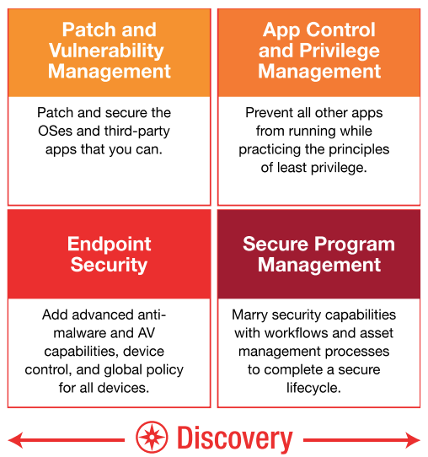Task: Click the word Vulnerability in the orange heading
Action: [106, 51]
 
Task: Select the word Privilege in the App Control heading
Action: [340, 51]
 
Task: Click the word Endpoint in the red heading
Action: [110, 244]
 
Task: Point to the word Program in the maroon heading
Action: [355, 245]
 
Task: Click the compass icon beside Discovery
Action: [152, 437]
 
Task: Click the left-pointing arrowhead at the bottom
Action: [15, 440]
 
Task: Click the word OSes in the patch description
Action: [55, 132]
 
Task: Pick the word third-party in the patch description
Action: [137, 132]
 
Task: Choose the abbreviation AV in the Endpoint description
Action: [147, 333]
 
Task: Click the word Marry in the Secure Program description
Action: [249, 315]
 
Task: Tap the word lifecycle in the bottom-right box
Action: [313, 389]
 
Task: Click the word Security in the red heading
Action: [109, 266]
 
